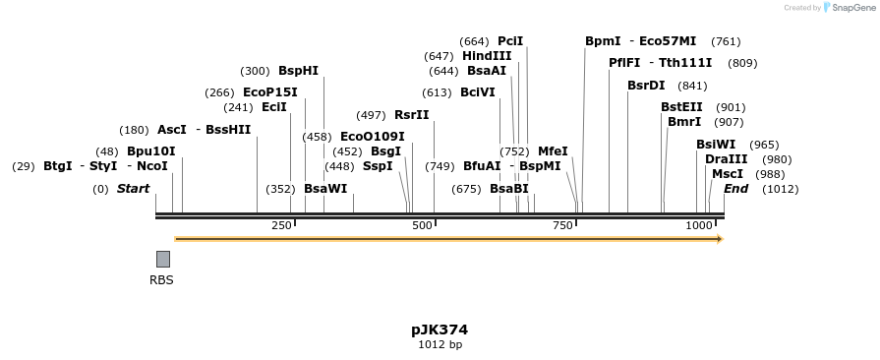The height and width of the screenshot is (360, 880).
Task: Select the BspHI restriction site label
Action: coord(298,71)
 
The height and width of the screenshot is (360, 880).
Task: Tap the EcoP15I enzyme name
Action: coord(269,92)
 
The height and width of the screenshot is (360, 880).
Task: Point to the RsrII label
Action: coord(411,115)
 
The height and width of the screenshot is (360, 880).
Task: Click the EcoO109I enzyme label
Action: coord(372,137)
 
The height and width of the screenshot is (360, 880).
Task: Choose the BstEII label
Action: coord(681,107)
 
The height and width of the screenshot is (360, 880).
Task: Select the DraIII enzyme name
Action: coord(726,159)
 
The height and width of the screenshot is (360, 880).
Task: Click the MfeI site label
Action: coord(553,151)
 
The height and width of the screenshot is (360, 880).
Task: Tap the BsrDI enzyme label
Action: coord(646,86)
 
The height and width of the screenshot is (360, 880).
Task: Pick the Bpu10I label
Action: coord(150,151)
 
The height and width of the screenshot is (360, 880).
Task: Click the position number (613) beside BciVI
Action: coord(436,92)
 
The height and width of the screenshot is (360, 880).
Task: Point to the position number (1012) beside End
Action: coord(780,189)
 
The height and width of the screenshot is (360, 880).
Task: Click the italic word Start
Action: coord(133,189)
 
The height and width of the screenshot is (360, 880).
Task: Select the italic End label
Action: coord(735,189)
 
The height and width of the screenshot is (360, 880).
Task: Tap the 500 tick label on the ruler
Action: coord(423,226)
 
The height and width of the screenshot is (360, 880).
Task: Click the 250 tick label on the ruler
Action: coord(281,226)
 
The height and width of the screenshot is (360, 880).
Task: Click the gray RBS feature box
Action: coord(163,259)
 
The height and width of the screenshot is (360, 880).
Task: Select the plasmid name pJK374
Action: coord(440,330)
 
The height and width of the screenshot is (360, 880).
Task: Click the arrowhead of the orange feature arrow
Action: coord(720,239)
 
